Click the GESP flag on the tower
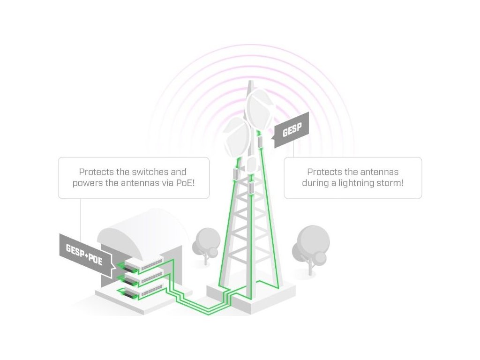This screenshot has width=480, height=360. click(292, 130)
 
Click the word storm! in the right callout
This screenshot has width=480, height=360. click(390, 183)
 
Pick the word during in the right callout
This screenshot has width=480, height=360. click(315, 183)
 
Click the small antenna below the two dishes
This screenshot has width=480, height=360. click(251, 165)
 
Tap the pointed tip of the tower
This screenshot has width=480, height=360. click(250, 83)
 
